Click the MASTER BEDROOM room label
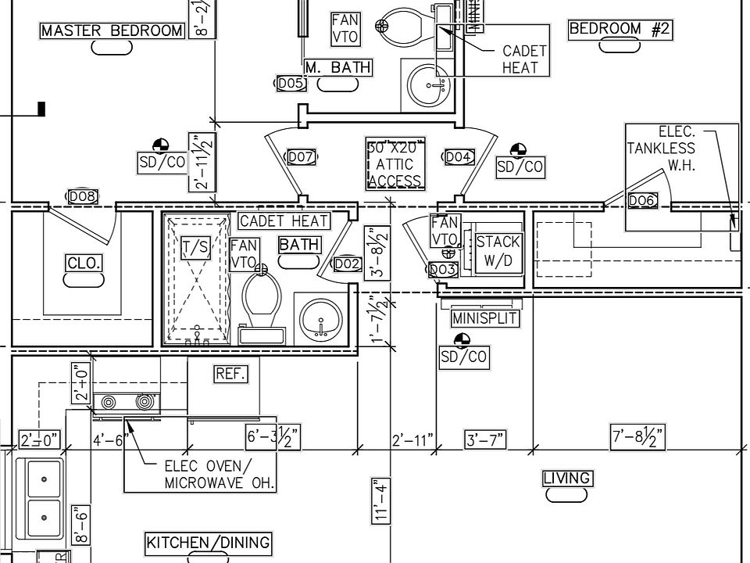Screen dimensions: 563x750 click(x=112, y=31)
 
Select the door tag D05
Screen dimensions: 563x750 click(x=290, y=83)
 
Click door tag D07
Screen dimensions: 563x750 click(x=301, y=157)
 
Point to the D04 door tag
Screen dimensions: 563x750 click(x=459, y=157)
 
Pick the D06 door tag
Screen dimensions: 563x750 click(x=641, y=201)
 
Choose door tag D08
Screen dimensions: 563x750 click(x=83, y=196)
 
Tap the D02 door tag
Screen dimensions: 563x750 click(x=347, y=264)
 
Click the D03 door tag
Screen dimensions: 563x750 click(x=442, y=270)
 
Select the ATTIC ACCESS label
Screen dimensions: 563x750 click(x=395, y=165)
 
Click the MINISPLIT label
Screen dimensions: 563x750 click(x=485, y=319)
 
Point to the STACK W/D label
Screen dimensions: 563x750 click(x=498, y=252)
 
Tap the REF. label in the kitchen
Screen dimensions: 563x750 click(x=230, y=375)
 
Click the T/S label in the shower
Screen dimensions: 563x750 click(x=195, y=249)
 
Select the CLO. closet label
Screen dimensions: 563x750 click(x=84, y=264)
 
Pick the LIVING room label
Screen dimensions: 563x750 click(x=567, y=479)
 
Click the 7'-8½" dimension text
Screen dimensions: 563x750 click(x=637, y=437)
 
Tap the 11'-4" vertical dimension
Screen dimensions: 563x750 click(x=381, y=500)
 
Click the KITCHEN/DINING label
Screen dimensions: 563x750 click(x=209, y=543)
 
